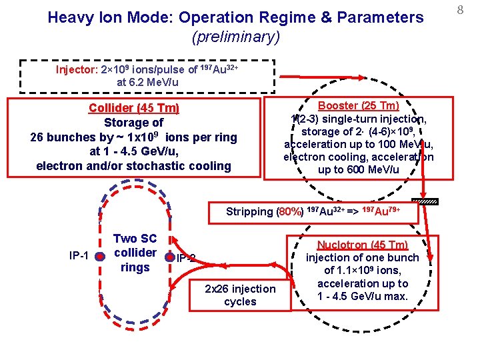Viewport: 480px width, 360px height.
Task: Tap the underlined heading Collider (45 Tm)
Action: coord(134,108)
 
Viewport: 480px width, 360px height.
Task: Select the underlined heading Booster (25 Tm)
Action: coord(358,105)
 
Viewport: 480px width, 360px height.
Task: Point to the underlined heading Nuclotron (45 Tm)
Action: coord(363,245)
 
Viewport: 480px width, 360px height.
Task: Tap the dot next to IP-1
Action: coord(99,256)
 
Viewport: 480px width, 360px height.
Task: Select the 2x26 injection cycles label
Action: coord(240,295)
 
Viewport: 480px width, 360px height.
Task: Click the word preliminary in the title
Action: coord(235,37)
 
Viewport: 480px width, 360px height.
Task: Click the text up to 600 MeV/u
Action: coord(358,170)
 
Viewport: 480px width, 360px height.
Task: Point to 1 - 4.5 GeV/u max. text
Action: coord(362,295)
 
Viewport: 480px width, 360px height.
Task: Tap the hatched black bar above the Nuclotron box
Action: coord(425,201)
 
